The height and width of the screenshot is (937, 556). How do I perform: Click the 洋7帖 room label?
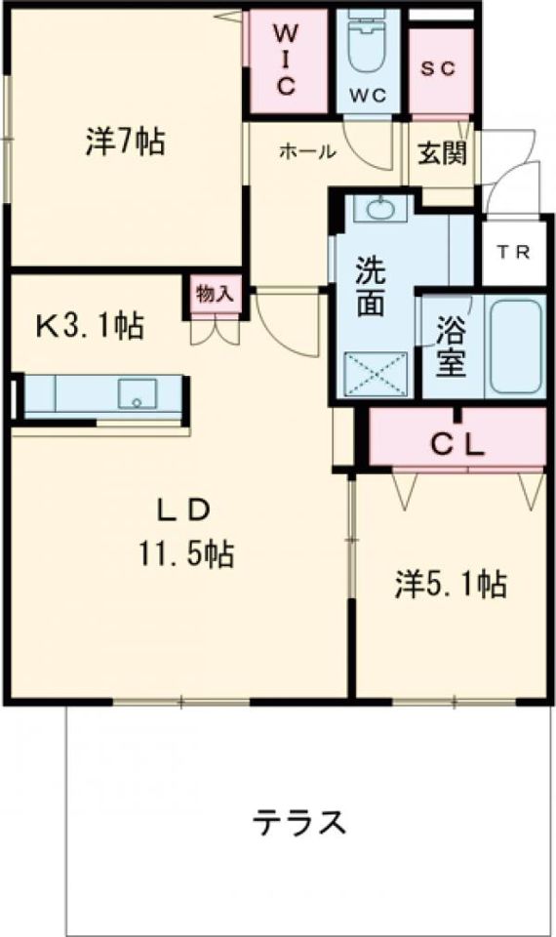(x=124, y=143)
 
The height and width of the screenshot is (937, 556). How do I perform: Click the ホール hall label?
(x=307, y=151)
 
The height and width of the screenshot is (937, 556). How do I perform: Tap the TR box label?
(x=512, y=252)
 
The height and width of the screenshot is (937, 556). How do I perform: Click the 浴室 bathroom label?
(x=451, y=346)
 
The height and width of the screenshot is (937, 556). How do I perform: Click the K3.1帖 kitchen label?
(x=90, y=325)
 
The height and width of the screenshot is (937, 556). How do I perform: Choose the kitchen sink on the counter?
(x=137, y=394)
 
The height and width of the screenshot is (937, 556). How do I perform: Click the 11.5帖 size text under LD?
(x=184, y=553)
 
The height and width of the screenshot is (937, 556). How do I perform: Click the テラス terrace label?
(x=300, y=823)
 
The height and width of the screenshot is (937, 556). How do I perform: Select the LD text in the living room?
(x=185, y=510)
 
